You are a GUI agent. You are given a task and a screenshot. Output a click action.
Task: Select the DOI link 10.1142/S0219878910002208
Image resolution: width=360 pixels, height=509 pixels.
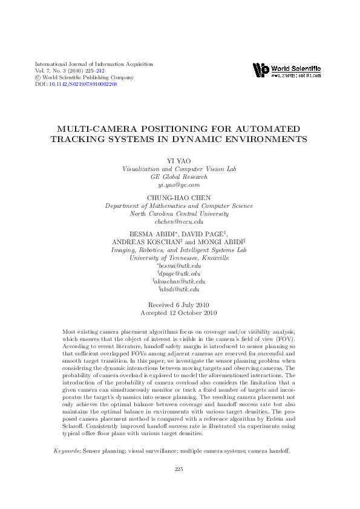[83, 84]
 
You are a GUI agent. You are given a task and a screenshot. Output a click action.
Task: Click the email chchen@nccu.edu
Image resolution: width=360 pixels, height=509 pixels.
[179, 222]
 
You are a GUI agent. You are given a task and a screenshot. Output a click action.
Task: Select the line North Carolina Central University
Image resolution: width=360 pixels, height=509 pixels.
[179, 214]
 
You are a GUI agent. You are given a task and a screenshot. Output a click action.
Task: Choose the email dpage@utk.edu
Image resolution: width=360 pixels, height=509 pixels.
[180, 274]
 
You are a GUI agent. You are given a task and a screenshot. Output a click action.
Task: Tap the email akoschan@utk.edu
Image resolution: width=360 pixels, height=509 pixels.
[180, 282]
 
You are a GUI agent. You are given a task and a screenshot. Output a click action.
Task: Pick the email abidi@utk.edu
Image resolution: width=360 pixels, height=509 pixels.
[180, 290]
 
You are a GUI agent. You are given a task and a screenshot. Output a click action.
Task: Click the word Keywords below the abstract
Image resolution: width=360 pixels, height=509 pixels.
[67, 451]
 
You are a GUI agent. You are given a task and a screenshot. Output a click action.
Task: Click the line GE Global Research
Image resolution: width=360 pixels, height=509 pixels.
[179, 177]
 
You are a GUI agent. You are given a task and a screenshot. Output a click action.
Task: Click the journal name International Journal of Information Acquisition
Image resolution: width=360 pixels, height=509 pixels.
[94, 64]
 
